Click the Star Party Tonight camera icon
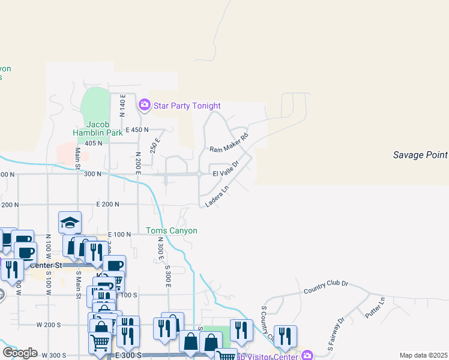pyautogui.click(x=144, y=106)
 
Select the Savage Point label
pyautogui.click(x=420, y=155)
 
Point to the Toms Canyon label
pyautogui.click(x=172, y=230)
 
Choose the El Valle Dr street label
pyautogui.click(x=226, y=168)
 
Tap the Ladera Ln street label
pyautogui.click(x=217, y=196)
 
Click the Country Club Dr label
pyautogui.click(x=326, y=290)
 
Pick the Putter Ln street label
pyautogui.click(x=375, y=307)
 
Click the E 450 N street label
pyautogui.click(x=136, y=130)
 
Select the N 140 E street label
pyautogui.click(x=122, y=105)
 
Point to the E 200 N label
pyautogui.click(x=107, y=205)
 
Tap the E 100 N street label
pyautogui.click(x=119, y=235)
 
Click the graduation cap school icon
pyautogui.click(x=70, y=223)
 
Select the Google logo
pyautogui.click(x=20, y=353)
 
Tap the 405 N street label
pyautogui.click(x=94, y=143)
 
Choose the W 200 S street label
pyautogui.click(x=49, y=325)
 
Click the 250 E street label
pyautogui.click(x=155, y=145)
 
